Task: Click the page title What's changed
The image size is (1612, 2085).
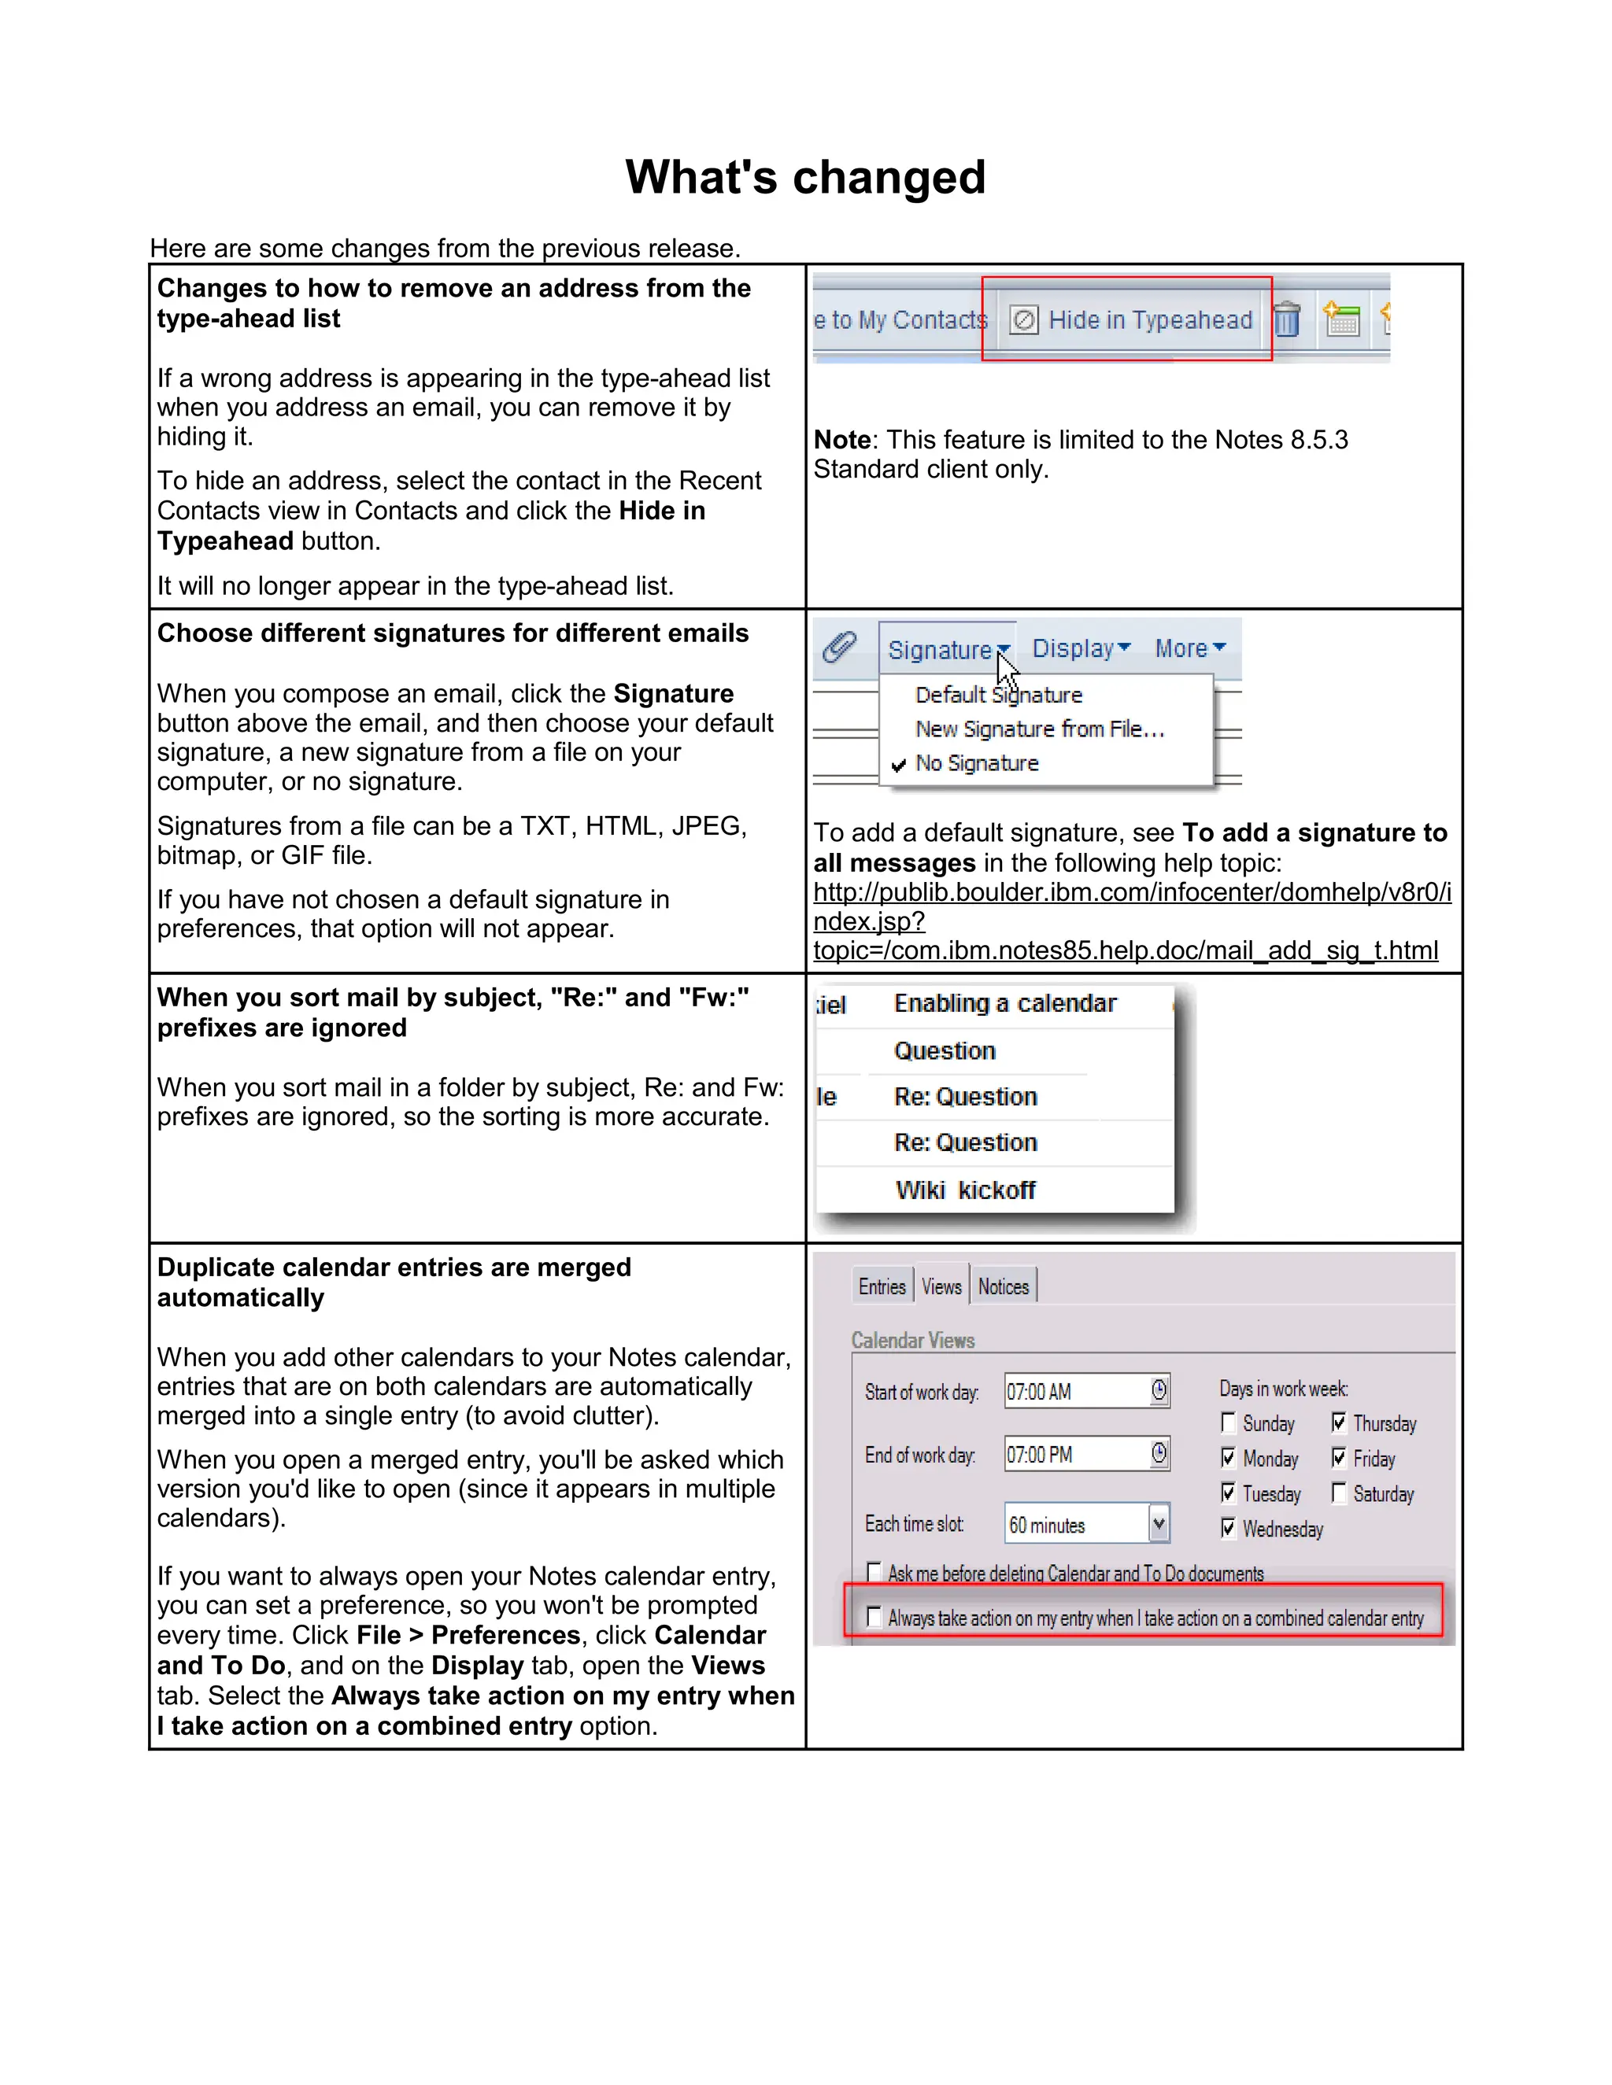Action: coord(805,178)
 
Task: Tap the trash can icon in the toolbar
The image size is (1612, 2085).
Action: coord(1286,319)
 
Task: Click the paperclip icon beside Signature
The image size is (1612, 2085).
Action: coord(839,648)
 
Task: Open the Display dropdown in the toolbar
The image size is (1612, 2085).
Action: coord(1081,648)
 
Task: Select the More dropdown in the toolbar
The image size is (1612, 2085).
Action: coord(1190,648)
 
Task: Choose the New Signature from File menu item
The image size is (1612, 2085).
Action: coord(1039,729)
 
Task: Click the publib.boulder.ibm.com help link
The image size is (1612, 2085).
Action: coord(1132,893)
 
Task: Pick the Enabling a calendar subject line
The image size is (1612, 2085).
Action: coord(1004,1003)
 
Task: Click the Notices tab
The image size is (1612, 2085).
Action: coord(1003,1287)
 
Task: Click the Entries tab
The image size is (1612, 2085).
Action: coord(882,1287)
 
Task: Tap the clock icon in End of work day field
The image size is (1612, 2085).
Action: coord(1159,1454)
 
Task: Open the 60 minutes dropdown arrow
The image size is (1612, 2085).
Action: coord(1159,1525)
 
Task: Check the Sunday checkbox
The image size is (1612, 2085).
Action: coord(1228,1423)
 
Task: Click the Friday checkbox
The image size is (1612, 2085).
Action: coord(1339,1458)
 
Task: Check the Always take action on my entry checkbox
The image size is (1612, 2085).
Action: coord(873,1616)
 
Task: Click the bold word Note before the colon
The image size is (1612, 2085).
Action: coord(841,440)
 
